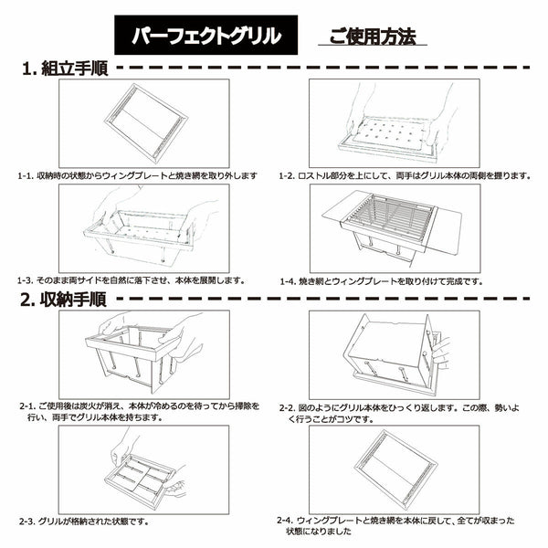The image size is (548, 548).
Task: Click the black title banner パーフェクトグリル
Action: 205,35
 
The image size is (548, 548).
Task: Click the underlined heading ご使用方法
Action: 373,37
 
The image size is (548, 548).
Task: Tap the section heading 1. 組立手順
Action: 65,68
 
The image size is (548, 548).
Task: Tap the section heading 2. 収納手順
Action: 63,300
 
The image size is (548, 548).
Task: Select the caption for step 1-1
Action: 137,175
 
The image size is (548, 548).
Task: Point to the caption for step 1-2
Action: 405,175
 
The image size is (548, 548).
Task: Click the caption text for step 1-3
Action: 131,280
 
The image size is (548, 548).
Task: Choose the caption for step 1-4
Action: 381,281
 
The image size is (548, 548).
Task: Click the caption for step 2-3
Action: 84,522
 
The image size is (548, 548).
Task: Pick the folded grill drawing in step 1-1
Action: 146,123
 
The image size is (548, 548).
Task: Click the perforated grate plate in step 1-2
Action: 390,132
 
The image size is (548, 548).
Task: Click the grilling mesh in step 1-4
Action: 388,216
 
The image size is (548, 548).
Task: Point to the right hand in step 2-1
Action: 180,335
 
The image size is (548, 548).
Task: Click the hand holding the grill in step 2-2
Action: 441,353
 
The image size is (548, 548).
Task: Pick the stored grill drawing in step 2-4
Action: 395,470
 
